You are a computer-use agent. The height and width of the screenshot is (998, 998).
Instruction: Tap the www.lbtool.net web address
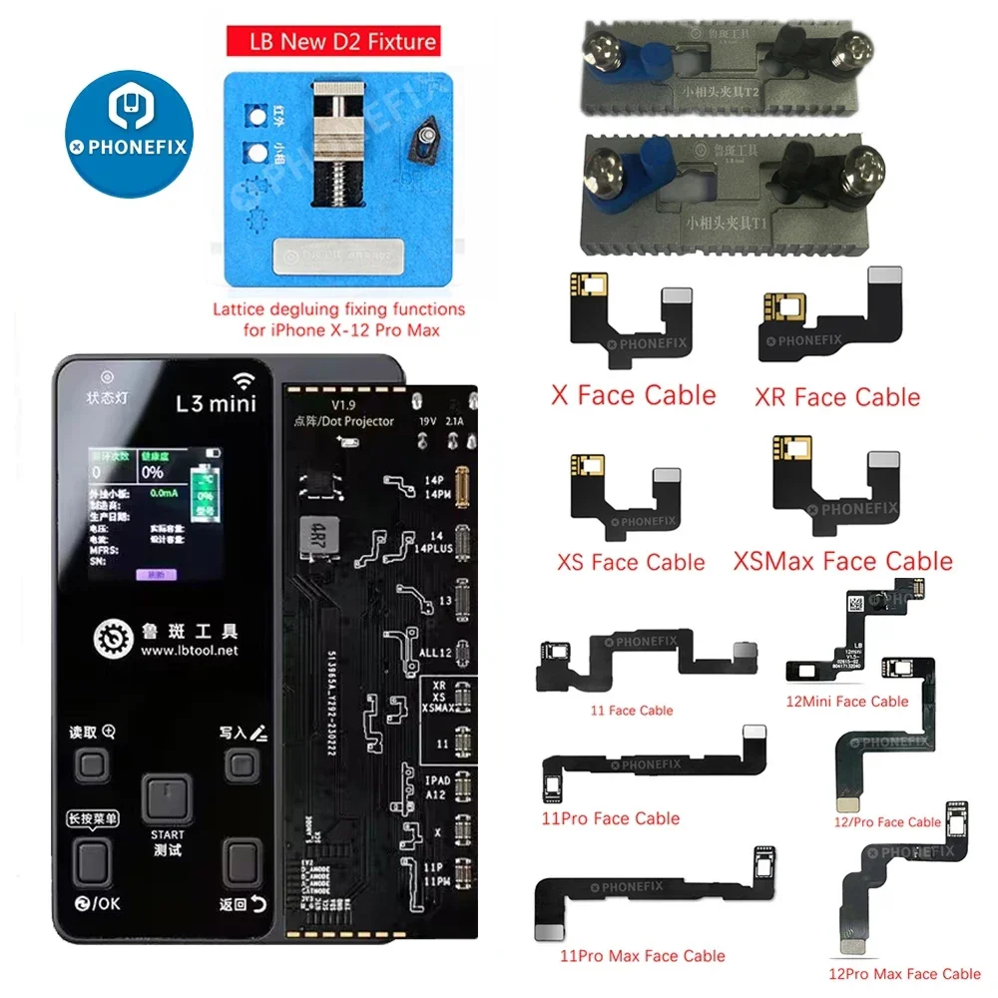(190, 651)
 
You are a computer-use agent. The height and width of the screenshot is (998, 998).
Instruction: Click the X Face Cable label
(633, 395)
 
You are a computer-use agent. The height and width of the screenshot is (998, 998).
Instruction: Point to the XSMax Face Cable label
(842, 561)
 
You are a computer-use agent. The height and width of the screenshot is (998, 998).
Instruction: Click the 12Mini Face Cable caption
(847, 702)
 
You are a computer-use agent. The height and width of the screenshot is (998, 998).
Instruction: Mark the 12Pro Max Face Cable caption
(905, 974)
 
